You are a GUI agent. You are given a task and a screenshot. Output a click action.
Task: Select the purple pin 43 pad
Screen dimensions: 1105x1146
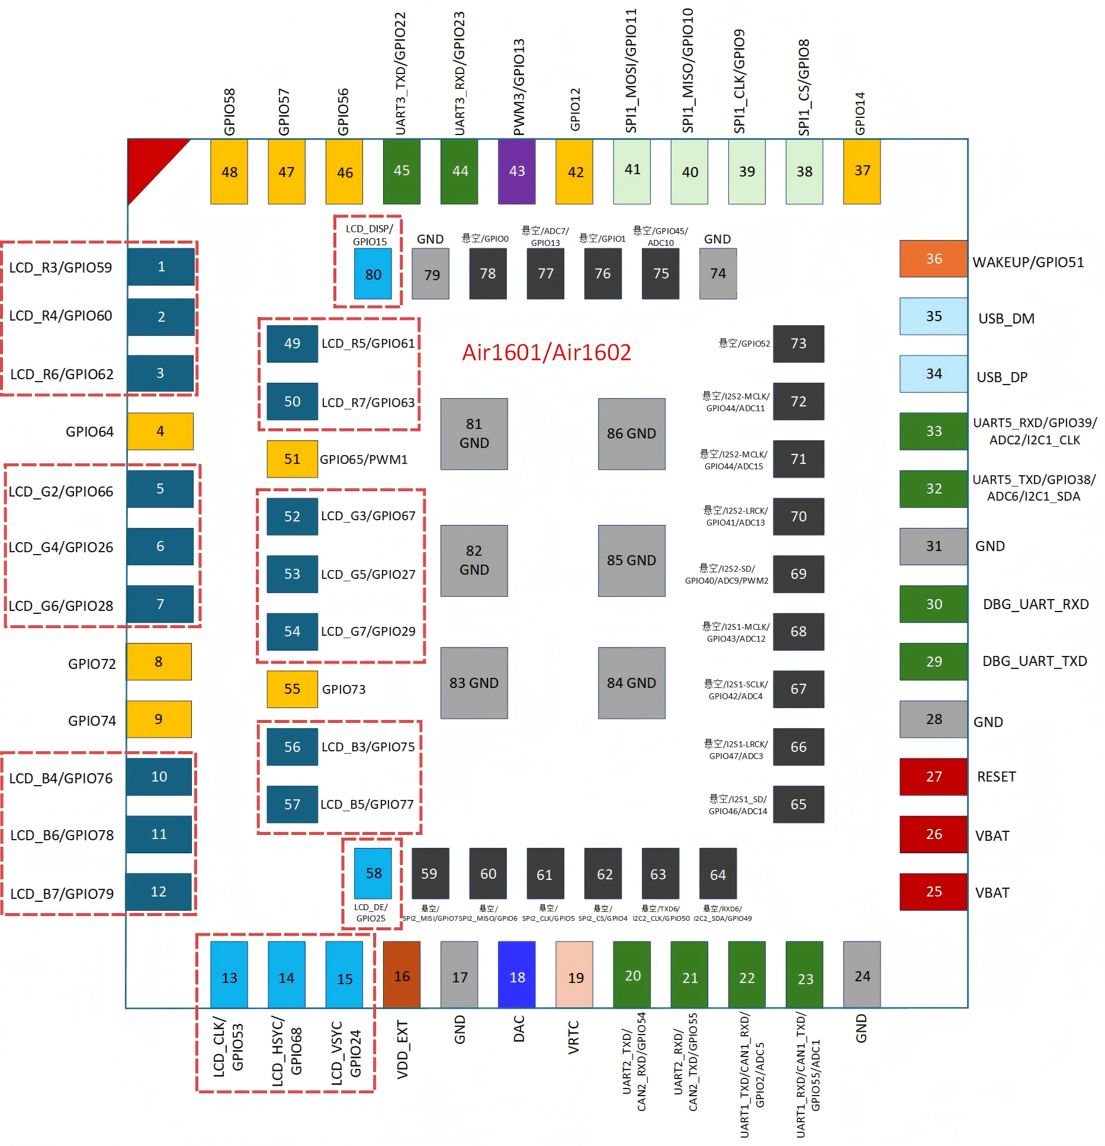[x=516, y=172]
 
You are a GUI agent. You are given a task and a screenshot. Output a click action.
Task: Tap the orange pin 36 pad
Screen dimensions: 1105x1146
[x=933, y=259]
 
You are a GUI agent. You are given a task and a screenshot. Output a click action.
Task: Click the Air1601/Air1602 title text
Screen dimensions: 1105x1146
[x=547, y=353]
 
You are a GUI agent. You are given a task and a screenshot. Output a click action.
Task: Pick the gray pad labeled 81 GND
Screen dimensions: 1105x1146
[x=474, y=434]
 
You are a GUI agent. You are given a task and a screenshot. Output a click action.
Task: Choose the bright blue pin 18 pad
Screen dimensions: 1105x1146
[x=517, y=974]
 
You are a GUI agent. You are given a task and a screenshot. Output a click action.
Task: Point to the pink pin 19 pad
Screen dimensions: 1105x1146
[x=574, y=974]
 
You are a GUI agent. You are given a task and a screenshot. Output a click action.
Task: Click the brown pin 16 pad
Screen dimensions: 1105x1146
[x=401, y=974]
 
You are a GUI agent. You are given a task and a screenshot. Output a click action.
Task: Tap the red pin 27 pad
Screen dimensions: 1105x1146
[x=933, y=777]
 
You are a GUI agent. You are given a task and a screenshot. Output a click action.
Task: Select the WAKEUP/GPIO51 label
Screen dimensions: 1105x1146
[x=1028, y=263]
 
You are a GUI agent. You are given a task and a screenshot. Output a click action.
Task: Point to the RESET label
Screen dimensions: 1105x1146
[x=996, y=777]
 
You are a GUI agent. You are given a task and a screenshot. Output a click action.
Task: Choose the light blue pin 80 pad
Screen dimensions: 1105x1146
[x=372, y=274]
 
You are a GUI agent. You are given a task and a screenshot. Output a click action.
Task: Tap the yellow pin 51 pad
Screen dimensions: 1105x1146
[x=292, y=459]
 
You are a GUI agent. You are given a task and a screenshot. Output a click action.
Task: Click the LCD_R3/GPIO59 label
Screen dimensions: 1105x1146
[x=60, y=268]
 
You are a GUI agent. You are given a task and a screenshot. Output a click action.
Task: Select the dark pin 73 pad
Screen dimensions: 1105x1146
[x=798, y=344]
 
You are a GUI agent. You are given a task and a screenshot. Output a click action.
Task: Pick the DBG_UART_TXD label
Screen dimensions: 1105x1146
[x=1035, y=661]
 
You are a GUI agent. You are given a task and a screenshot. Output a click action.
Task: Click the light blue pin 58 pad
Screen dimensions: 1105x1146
[x=372, y=873]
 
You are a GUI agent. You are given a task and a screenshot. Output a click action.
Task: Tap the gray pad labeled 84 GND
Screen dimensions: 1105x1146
[x=631, y=683]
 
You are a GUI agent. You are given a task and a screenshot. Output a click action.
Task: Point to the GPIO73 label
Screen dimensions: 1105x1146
[x=343, y=689]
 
